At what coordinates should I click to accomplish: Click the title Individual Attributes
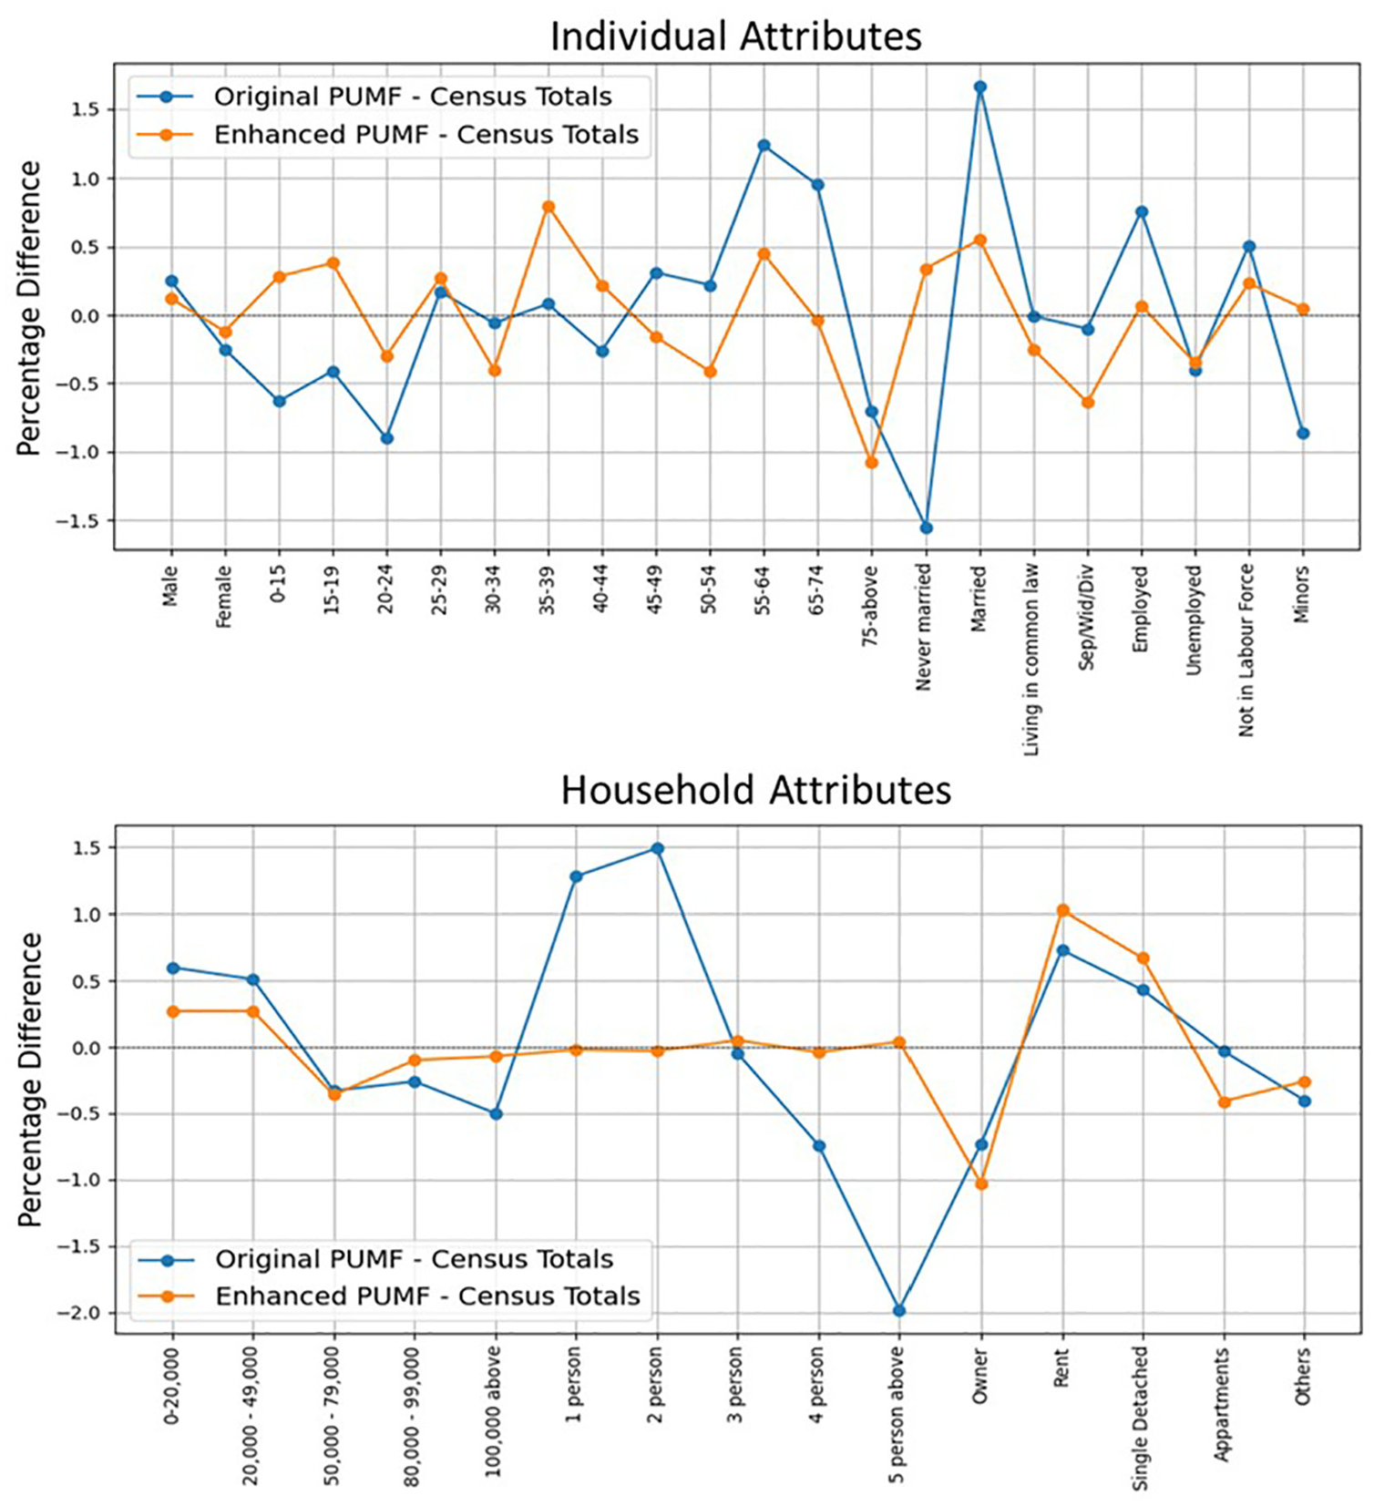pyautogui.click(x=736, y=36)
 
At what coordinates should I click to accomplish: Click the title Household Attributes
pyautogui.click(x=756, y=790)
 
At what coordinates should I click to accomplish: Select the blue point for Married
pyautogui.click(x=980, y=87)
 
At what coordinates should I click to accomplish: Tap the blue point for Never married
pyautogui.click(x=927, y=528)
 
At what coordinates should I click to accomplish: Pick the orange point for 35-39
pyautogui.click(x=549, y=207)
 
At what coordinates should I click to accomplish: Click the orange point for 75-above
pyautogui.click(x=872, y=463)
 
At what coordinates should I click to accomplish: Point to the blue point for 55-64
pyautogui.click(x=764, y=146)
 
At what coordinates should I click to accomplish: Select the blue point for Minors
pyautogui.click(x=1304, y=434)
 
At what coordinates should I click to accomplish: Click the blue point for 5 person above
pyautogui.click(x=899, y=1311)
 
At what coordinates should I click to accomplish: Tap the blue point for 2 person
pyautogui.click(x=656, y=849)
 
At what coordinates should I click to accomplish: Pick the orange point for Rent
pyautogui.click(x=1062, y=910)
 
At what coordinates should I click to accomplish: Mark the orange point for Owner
pyautogui.click(x=981, y=1184)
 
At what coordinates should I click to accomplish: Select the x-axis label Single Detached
pyautogui.click(x=1142, y=1419)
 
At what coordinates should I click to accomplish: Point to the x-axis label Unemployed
pyautogui.click(x=1195, y=620)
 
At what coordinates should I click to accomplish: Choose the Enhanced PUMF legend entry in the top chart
pyautogui.click(x=387, y=135)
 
